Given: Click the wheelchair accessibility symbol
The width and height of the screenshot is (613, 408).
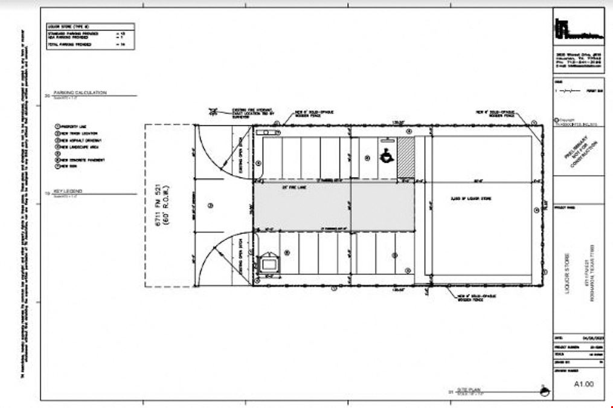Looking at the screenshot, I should pos(385,156).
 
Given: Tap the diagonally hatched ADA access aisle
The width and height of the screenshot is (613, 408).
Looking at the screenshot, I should pos(406,157).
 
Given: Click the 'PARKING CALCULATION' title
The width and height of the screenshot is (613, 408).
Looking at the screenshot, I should pos(80,92).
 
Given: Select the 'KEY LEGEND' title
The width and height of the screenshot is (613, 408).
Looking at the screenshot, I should pos(68,191).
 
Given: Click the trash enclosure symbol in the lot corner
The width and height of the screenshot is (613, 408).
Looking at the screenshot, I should pos(268,264).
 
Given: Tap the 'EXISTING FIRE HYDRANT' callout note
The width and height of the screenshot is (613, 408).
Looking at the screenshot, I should pos(253,113).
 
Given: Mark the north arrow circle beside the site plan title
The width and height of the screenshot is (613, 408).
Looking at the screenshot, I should pos(546,392).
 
